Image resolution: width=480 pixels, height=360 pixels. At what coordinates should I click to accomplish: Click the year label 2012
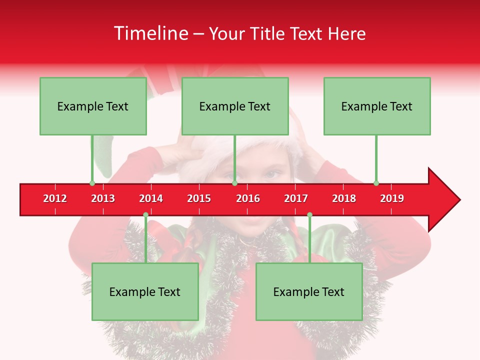coord(55,198)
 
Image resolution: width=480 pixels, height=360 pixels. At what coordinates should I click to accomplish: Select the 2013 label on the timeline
coord(103,198)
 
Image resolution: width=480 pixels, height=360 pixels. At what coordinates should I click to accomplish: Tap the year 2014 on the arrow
coord(151,198)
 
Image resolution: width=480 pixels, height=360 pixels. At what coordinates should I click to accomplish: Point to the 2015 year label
coord(199,198)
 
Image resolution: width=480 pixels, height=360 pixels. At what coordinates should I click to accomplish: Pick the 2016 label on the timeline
coord(248,198)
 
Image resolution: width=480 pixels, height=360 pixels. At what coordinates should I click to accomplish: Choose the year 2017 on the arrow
coord(296,198)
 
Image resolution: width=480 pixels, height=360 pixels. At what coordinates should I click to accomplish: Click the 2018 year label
coord(344,198)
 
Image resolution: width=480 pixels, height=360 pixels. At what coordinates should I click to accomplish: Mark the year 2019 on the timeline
coord(392,198)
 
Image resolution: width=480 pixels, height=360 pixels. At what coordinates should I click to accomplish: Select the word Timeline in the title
coord(150,33)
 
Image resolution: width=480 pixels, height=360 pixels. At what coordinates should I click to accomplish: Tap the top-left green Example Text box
coord(93,106)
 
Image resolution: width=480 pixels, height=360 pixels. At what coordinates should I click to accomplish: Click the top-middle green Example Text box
coord(235,106)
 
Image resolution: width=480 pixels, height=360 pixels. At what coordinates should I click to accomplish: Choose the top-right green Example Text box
coord(377,106)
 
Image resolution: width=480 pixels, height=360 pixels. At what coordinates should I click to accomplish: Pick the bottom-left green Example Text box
coord(145,291)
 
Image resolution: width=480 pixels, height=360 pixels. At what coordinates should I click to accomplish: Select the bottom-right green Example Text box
coord(309,291)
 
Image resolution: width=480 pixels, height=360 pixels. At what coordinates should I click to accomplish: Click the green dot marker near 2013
coord(92,183)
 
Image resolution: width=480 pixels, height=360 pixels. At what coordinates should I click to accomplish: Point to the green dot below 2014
coord(145,214)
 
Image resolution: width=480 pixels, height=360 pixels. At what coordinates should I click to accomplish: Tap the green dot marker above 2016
coord(234,183)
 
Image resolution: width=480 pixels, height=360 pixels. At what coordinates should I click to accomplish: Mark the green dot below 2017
coord(309,214)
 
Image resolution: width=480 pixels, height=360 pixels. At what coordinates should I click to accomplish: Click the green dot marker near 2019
coord(376,183)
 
